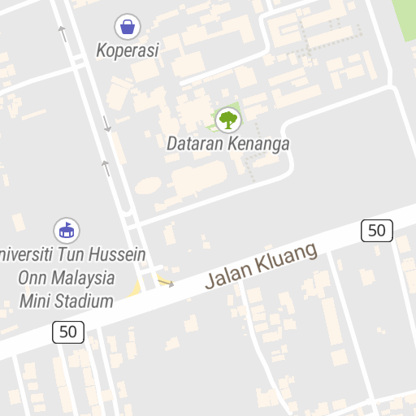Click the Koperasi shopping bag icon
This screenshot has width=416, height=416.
point(127,27)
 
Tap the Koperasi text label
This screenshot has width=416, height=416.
point(127,50)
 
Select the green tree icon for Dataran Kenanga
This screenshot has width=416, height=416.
point(228,120)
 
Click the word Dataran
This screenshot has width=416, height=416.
point(193,145)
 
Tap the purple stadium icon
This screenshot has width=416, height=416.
point(66,230)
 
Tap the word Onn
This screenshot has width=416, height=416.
point(32,278)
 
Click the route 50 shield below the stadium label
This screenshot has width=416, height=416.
point(68,331)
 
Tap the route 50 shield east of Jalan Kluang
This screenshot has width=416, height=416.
point(376,231)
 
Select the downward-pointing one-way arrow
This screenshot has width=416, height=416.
point(106,123)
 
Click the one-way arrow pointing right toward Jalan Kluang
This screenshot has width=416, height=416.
point(166,283)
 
